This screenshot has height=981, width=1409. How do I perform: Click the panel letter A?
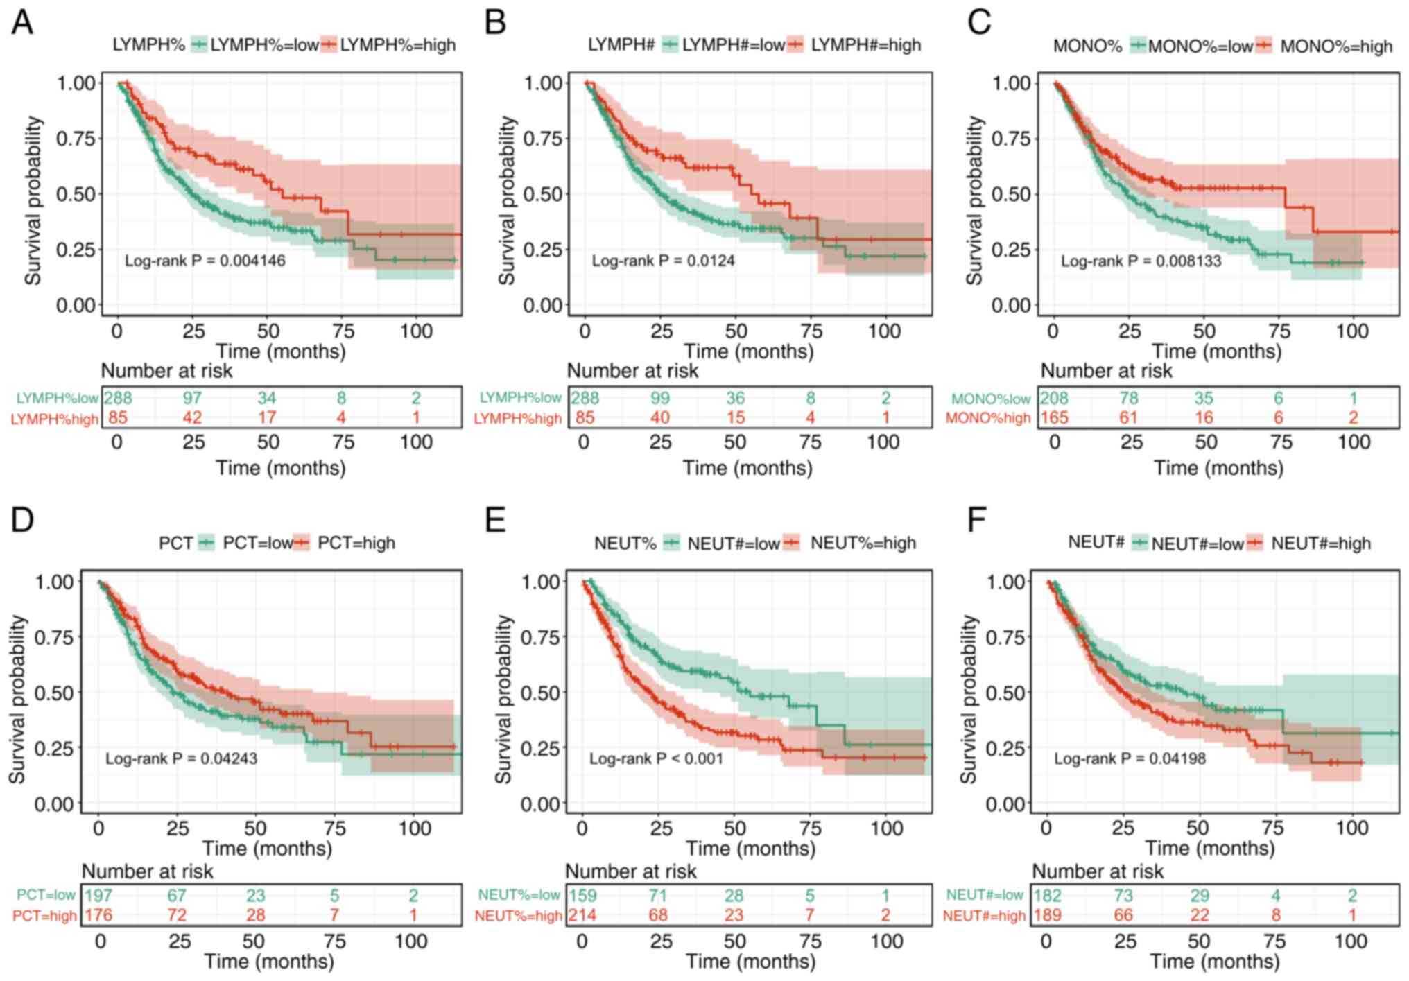click(x=22, y=22)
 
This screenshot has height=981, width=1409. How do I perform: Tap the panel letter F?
click(x=976, y=519)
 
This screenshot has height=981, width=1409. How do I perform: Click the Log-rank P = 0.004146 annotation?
click(x=205, y=261)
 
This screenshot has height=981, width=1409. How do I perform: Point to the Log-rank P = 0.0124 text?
click(x=663, y=261)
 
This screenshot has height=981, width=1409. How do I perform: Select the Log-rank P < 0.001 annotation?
click(x=656, y=759)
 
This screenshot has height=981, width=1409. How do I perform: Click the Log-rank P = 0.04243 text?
click(x=181, y=759)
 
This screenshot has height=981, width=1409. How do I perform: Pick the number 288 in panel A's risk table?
click(x=118, y=398)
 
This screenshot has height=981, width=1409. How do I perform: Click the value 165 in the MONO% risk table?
click(x=1054, y=417)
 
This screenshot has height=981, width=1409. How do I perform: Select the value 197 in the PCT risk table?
click(x=98, y=896)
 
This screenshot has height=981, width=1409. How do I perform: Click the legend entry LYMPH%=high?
click(x=397, y=45)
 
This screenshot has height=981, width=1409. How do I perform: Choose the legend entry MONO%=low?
click(x=1200, y=46)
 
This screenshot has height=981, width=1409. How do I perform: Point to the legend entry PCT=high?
click(x=356, y=543)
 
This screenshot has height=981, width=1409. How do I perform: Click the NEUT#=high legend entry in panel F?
click(x=1320, y=544)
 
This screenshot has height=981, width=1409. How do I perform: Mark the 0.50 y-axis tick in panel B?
click(x=542, y=194)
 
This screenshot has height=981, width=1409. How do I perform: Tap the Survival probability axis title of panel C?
click(x=975, y=201)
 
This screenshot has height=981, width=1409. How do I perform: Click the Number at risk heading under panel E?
click(x=631, y=871)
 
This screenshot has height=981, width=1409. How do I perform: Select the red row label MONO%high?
click(x=988, y=418)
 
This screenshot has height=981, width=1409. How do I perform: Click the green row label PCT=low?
click(x=46, y=896)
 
